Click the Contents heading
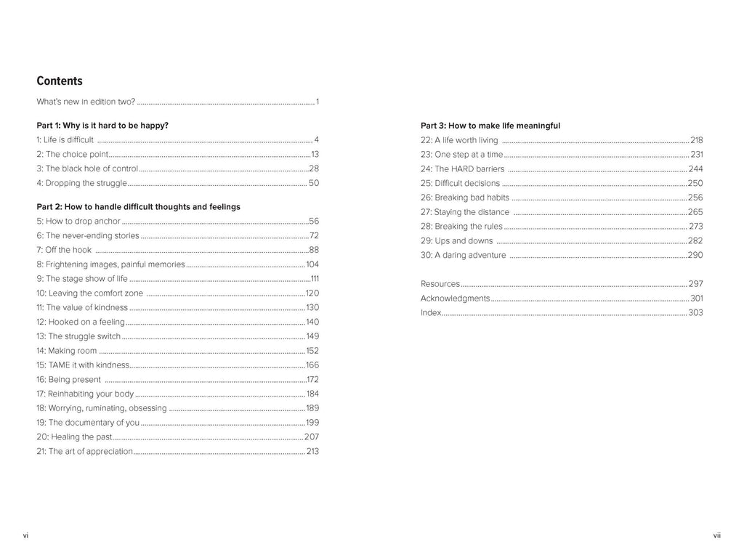tap(60, 81)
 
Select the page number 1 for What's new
tap(318, 102)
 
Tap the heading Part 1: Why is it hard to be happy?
tap(102, 126)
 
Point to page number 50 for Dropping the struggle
tap(314, 183)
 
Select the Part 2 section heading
tap(138, 207)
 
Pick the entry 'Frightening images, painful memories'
tap(110, 264)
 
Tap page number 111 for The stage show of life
tap(315, 279)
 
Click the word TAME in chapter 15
tap(60, 365)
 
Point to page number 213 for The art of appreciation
tap(312, 451)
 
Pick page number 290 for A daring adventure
tap(695, 255)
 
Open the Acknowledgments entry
tap(455, 299)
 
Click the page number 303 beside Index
tap(695, 313)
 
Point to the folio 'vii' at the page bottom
tap(716, 535)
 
